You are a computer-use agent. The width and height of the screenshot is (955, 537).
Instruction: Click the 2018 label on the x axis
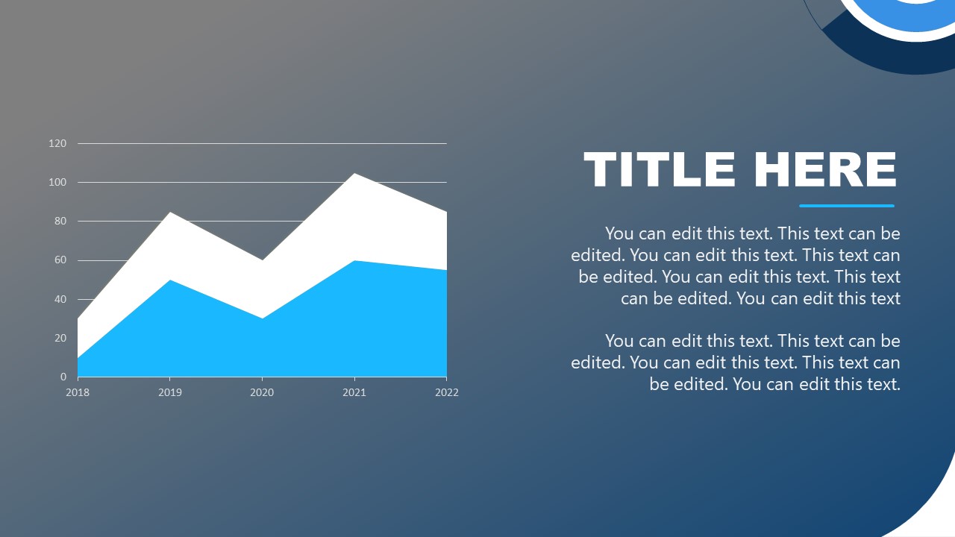pyautogui.click(x=78, y=392)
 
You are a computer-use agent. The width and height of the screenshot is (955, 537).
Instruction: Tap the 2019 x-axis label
pyautogui.click(x=170, y=392)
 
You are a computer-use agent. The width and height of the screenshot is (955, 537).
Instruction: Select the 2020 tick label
pyautogui.click(x=262, y=392)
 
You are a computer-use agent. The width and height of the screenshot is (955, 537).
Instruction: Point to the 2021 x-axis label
pyautogui.click(x=354, y=392)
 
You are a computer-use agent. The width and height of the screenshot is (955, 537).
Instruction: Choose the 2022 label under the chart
pyautogui.click(x=446, y=392)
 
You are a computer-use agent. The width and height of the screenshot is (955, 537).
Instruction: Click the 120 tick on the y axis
pyautogui.click(x=57, y=143)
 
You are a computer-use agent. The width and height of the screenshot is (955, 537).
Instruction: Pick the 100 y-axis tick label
pyautogui.click(x=57, y=182)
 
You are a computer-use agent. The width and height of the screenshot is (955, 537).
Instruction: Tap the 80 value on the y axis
pyautogui.click(x=60, y=222)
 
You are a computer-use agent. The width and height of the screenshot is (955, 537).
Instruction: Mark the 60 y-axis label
pyautogui.click(x=60, y=260)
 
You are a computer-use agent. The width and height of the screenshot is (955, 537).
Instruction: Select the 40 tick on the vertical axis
pyautogui.click(x=60, y=299)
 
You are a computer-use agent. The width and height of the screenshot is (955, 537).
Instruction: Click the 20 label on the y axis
pyautogui.click(x=60, y=338)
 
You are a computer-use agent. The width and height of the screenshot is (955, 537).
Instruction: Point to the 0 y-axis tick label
pyautogui.click(x=63, y=377)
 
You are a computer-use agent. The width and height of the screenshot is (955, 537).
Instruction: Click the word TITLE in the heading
pyautogui.click(x=661, y=170)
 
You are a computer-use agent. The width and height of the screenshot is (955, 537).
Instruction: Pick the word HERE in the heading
pyautogui.click(x=824, y=170)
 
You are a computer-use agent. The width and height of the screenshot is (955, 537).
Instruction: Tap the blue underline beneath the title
pyautogui.click(x=846, y=206)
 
